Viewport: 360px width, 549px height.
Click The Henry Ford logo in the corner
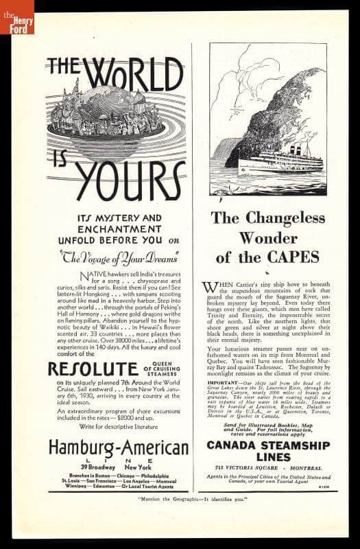(x=16, y=16)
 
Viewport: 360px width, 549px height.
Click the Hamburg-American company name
(x=118, y=448)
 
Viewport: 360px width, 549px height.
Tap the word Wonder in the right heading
(x=268, y=238)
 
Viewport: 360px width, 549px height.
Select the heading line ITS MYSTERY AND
(x=119, y=218)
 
